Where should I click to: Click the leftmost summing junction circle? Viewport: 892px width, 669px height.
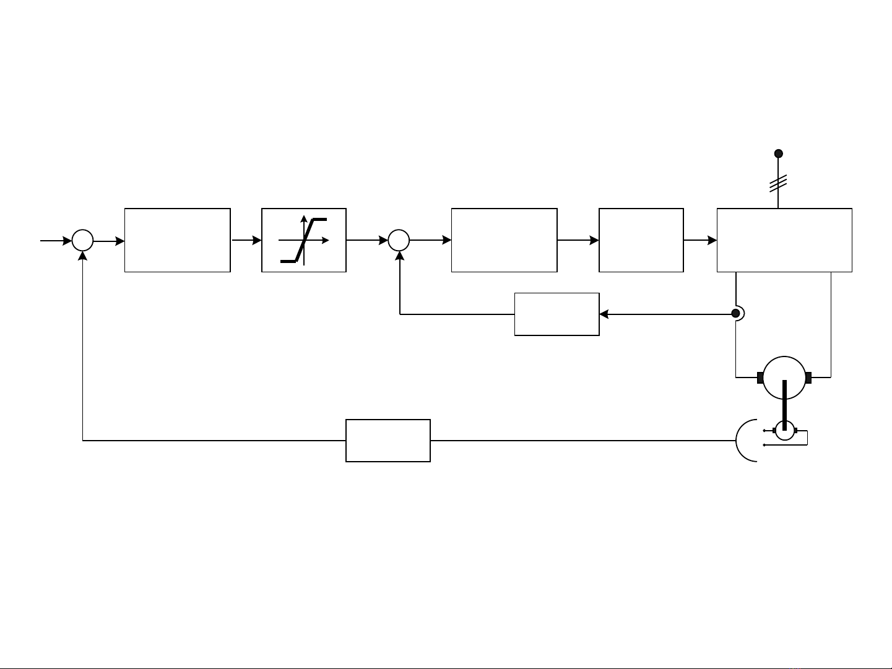(82, 240)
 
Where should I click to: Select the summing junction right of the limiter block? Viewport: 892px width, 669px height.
(399, 240)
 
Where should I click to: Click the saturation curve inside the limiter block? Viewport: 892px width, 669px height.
(304, 240)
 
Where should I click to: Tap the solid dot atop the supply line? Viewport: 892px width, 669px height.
(779, 153)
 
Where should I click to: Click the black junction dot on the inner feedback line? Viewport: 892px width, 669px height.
(735, 314)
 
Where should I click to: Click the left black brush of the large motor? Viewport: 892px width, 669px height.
(760, 378)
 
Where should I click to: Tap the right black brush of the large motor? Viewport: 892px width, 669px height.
(808, 378)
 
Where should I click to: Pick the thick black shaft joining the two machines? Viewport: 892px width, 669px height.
(784, 402)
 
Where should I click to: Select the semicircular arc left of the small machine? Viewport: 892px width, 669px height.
(743, 440)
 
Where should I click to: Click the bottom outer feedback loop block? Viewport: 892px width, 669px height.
(388, 441)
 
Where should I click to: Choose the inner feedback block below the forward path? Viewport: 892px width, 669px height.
(556, 314)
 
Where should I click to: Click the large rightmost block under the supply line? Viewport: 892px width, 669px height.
(784, 240)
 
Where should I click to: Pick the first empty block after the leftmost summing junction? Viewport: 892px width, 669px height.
(177, 240)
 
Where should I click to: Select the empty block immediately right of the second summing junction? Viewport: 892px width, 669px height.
(504, 240)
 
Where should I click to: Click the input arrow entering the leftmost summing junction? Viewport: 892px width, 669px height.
(56, 241)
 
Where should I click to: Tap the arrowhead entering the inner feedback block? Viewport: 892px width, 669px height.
(604, 314)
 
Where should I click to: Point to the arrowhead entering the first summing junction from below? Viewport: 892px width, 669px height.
(82, 256)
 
